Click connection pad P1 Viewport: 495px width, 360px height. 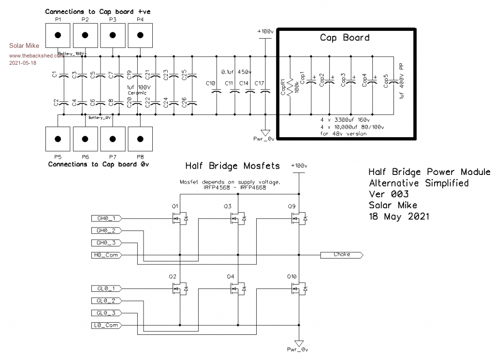58,36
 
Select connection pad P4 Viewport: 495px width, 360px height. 140,36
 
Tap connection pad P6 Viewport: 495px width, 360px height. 85,139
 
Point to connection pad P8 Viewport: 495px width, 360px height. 140,139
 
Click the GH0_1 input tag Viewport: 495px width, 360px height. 107,219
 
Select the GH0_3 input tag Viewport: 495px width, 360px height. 107,243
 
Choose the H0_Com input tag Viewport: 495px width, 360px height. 107,255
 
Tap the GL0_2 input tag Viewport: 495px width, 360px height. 107,301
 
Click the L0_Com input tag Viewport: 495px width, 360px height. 107,325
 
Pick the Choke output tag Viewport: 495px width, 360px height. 341,255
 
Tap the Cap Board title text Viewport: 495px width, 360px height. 345,38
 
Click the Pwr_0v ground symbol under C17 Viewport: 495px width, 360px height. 265,132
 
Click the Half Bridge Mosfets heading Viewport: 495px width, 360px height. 233,166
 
